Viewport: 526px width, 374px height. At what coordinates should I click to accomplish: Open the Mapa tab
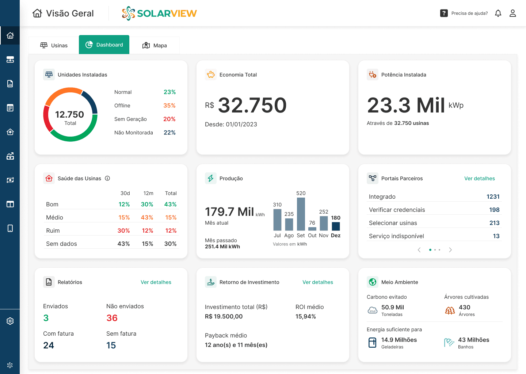[155, 45]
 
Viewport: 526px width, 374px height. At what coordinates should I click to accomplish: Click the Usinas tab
[54, 45]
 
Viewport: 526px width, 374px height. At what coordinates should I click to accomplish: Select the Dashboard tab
[104, 45]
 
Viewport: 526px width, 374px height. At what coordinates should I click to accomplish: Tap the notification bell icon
[498, 14]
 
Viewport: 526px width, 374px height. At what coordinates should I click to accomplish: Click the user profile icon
[512, 14]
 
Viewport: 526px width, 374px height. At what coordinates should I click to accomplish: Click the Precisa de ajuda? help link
[469, 14]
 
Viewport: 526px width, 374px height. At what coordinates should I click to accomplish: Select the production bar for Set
[301, 214]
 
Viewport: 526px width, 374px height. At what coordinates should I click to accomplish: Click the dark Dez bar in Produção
[336, 226]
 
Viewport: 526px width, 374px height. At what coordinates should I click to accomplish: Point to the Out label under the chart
[312, 236]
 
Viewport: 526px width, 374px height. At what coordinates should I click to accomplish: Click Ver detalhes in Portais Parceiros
[479, 179]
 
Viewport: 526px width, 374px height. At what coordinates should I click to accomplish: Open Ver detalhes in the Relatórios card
[156, 282]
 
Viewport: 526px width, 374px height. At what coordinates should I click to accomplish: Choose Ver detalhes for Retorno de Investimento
[317, 282]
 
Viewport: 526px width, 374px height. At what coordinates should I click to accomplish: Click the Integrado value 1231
[493, 196]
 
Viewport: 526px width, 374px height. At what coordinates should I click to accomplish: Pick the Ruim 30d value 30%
[123, 230]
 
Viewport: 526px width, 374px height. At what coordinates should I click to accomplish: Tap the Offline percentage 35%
[169, 106]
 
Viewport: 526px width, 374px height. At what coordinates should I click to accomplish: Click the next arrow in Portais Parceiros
[450, 250]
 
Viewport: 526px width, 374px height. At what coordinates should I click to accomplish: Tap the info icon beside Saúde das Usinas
[107, 178]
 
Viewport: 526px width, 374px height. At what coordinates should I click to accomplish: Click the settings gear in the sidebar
[10, 321]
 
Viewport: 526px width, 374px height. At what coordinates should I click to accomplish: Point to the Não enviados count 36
[112, 318]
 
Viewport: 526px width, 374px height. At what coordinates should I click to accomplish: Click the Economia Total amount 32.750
[252, 105]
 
